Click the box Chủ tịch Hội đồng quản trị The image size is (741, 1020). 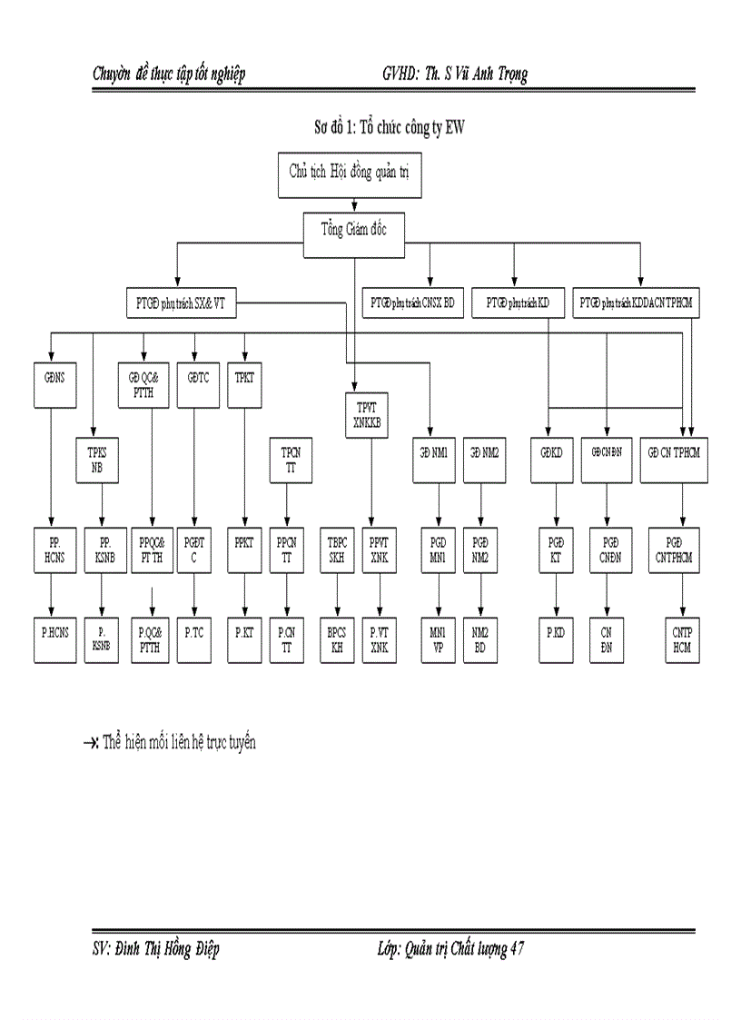point(349,175)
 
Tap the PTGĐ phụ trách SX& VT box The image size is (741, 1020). point(180,303)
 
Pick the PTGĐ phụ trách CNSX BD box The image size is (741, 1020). point(412,303)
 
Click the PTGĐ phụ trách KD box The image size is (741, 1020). point(518,303)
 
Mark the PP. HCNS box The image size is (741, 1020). point(51,550)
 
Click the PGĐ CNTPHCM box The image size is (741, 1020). point(673,550)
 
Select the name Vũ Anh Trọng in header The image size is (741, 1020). point(487,74)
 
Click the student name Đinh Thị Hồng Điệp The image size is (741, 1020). point(168,948)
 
